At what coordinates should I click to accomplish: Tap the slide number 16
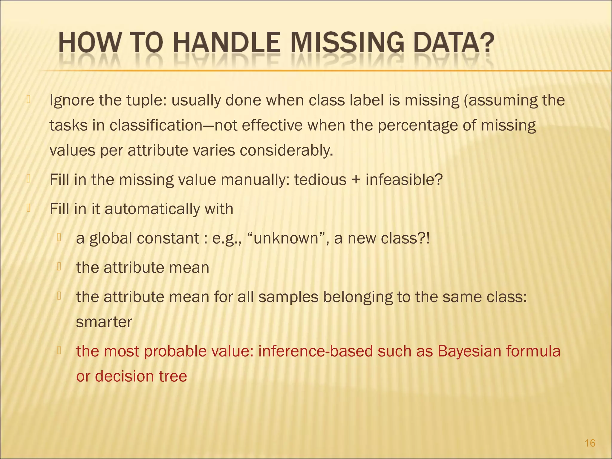coord(590,443)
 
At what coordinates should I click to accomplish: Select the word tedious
coord(320,180)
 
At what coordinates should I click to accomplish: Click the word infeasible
coord(403,180)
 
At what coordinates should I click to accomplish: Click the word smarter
coord(104,322)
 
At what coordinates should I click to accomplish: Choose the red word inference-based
coord(315,351)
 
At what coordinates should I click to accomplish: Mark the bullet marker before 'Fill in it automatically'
coord(28,208)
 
